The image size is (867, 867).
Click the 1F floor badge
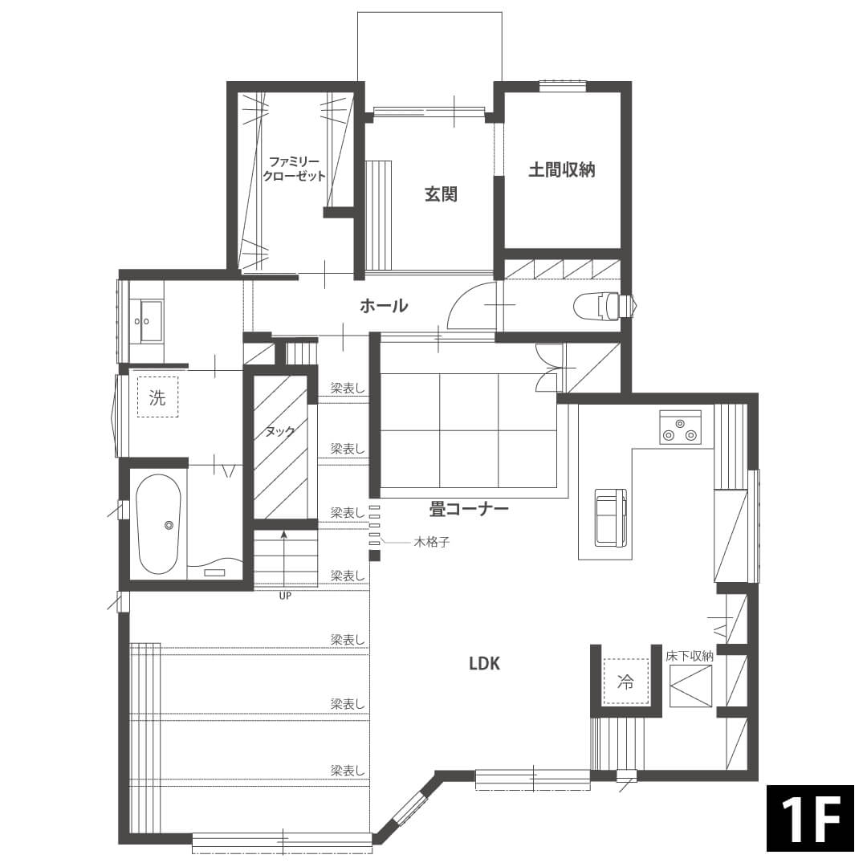810,818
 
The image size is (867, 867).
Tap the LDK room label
484,664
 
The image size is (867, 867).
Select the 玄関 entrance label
441,194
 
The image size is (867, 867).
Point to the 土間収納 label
562,169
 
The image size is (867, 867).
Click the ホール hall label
384,305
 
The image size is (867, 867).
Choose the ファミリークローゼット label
294,169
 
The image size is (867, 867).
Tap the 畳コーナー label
469,509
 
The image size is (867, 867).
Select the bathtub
159,524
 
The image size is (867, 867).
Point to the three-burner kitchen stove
680,427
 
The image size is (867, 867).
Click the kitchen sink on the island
610,517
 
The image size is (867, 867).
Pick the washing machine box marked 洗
157,397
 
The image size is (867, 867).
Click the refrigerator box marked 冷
625,682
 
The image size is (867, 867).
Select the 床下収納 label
690,657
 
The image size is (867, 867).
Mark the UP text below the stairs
285,596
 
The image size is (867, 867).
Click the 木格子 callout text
432,543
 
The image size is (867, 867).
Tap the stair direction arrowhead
284,534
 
